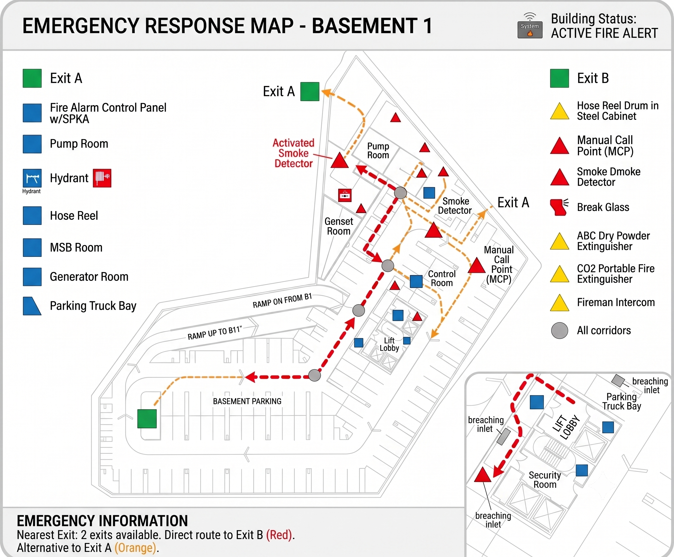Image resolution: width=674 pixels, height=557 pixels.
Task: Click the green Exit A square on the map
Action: tap(310, 91)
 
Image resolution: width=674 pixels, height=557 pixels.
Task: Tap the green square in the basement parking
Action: tap(147, 419)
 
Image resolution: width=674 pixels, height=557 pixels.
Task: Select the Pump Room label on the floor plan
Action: tap(378, 150)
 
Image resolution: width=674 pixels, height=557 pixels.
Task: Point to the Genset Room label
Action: tap(338, 226)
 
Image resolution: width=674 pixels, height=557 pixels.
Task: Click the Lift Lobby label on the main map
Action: tap(389, 344)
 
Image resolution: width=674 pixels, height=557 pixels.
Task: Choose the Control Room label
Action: tap(442, 278)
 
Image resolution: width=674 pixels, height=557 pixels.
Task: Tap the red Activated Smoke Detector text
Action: tap(293, 153)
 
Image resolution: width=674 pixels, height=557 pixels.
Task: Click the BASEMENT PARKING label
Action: tap(247, 401)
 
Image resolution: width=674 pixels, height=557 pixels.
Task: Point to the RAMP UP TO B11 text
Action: tap(215, 333)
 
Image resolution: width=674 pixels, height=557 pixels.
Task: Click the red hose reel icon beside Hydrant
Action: tap(102, 178)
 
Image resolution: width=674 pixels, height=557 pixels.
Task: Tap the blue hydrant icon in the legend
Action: tap(32, 178)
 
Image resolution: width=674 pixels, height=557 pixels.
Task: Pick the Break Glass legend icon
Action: tap(559, 207)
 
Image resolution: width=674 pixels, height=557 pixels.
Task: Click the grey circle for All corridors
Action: tap(559, 330)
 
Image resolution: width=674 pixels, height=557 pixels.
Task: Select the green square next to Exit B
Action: tap(559, 78)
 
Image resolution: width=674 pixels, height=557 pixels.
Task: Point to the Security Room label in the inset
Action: tap(545, 480)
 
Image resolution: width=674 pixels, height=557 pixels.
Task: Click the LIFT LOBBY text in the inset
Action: tap(566, 427)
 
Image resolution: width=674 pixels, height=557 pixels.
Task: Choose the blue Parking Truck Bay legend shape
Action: tap(32, 306)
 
